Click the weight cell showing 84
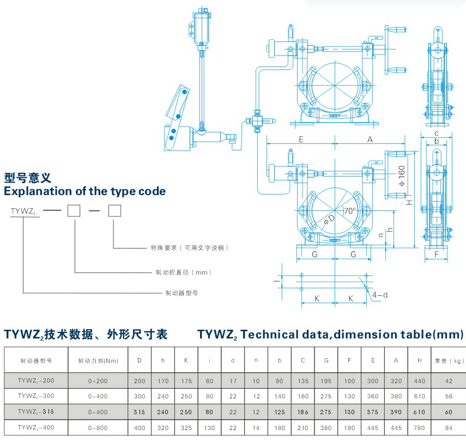click(x=449, y=428)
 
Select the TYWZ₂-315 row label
click(x=36, y=411)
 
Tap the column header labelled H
click(x=419, y=360)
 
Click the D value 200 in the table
click(x=140, y=380)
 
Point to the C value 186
click(x=303, y=411)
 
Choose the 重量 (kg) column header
click(x=449, y=360)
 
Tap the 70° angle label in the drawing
click(x=349, y=210)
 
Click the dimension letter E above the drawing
click(x=301, y=140)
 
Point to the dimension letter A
click(x=370, y=140)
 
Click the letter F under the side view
click(x=437, y=254)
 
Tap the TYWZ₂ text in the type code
click(x=23, y=210)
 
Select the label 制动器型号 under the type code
click(x=181, y=293)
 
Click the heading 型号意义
click(x=27, y=178)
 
